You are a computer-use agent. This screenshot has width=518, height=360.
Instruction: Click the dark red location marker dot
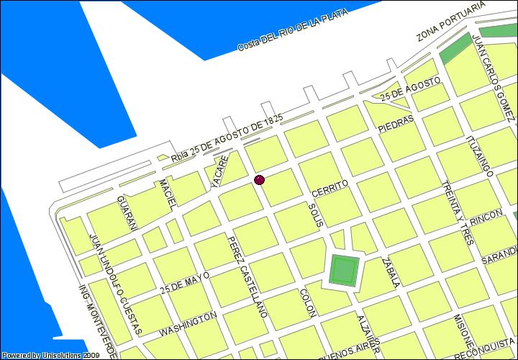(259, 179)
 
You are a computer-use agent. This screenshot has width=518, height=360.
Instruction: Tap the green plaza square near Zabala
(344, 271)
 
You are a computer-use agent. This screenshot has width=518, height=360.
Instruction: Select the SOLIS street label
(313, 215)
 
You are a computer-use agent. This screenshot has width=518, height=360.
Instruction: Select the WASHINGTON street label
(188, 324)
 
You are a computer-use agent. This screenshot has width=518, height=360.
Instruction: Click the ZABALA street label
(391, 272)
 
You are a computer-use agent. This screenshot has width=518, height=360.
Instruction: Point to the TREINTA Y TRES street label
(456, 212)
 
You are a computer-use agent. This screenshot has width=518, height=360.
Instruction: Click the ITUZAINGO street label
(480, 156)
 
